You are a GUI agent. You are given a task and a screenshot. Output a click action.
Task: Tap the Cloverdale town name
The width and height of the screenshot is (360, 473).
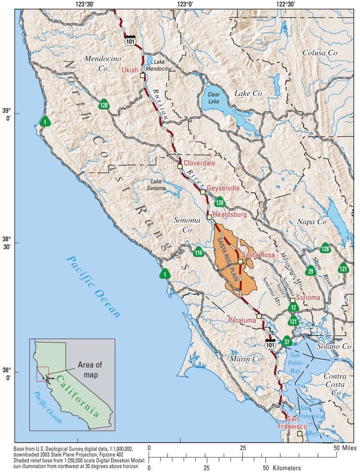pos(199,163)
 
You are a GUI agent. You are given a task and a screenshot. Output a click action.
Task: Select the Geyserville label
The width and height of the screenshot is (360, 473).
pos(223,189)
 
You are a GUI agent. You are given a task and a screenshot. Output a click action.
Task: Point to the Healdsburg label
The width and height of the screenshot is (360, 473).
pos(229,214)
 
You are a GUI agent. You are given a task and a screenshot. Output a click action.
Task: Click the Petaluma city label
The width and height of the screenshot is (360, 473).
pos(241,319)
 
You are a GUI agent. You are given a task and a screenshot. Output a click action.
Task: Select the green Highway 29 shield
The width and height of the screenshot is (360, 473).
pos(311,272)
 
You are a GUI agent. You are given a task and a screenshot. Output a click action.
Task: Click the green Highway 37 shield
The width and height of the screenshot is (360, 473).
pos(287,342)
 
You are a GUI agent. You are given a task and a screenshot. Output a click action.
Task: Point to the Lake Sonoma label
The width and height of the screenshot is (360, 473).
pos(156,185)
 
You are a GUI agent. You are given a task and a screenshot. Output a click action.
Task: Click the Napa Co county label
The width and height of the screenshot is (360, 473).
pos(312,222)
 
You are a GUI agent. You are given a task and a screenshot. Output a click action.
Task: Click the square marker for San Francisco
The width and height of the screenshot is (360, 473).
pos(300,434)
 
